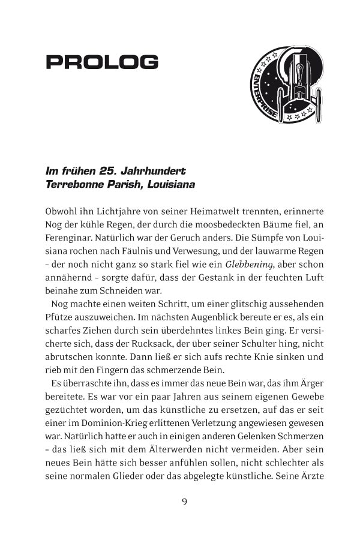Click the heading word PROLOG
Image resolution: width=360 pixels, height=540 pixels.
click(102, 61)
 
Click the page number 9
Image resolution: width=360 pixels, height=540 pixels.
click(185, 501)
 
